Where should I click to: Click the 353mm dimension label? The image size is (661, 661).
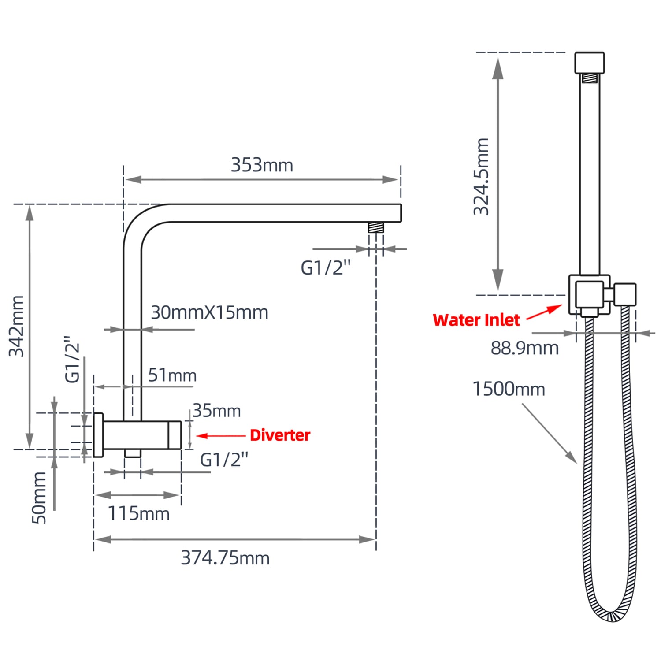tap(262, 165)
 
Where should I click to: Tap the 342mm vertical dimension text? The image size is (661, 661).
tap(17, 326)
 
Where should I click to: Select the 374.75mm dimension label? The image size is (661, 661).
tap(225, 558)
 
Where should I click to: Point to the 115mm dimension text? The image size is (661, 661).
tap(138, 513)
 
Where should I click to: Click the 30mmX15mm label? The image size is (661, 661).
tap(209, 312)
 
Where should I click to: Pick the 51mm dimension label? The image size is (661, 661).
tap(172, 375)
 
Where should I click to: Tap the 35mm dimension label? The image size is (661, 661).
tap(216, 411)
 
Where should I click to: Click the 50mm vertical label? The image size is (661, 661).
tap(39, 498)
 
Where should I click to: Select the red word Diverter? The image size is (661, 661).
tap(280, 435)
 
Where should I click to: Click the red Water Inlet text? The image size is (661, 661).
tap(476, 320)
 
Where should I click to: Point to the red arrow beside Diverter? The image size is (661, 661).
tap(220, 436)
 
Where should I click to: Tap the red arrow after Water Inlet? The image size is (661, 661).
tap(545, 312)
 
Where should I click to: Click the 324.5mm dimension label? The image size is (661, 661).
tap(481, 176)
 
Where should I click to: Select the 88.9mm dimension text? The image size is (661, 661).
tap(525, 348)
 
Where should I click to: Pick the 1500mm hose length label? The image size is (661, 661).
tap(509, 389)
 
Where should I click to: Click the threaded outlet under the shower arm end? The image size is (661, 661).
tap(376, 227)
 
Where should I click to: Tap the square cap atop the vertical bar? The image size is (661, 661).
tap(589, 63)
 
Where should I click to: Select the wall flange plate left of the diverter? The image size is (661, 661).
tap(98, 435)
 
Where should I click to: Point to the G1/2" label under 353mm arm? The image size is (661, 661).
tap(326, 267)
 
